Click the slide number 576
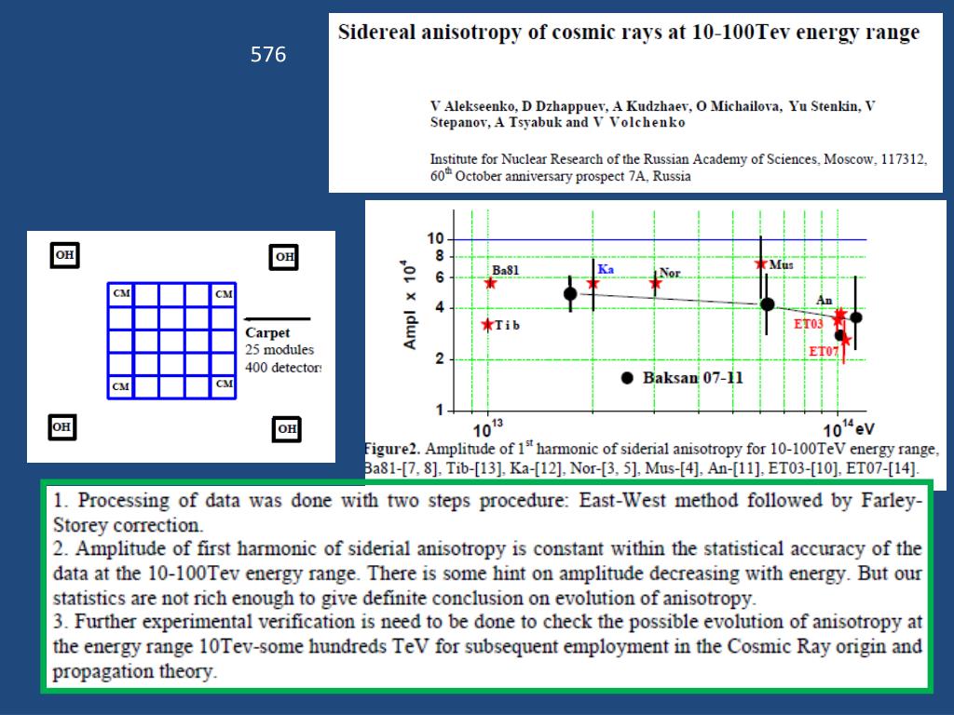coord(268,56)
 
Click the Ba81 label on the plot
coord(505,271)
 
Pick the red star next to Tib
coord(487,324)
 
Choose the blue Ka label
coord(606,269)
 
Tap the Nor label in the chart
coord(670,273)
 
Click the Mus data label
coord(782,265)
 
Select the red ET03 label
coord(808,324)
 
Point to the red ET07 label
coord(823,352)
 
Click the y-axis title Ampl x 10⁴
coord(410,304)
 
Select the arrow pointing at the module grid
coord(277,319)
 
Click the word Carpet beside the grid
coord(267,333)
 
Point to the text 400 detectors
coord(282,367)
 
